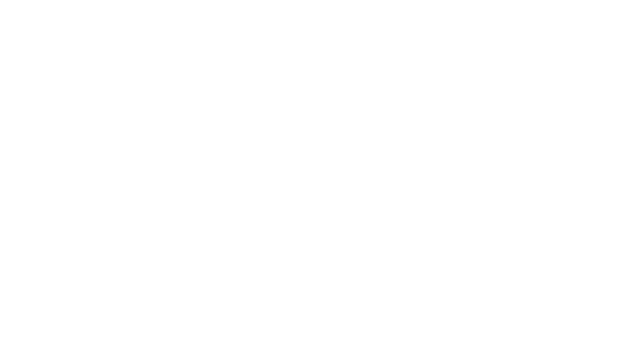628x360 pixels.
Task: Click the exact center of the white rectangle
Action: pyautogui.click(x=314, y=187)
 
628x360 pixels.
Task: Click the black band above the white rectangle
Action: pyautogui.click(x=314, y=20)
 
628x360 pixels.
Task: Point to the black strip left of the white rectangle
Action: pyautogui.click(x=28, y=187)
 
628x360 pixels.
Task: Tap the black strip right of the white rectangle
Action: pyautogui.click(x=600, y=187)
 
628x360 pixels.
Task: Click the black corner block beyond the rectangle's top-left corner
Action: pyautogui.click(x=28, y=20)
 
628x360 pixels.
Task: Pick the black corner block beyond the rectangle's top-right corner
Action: pyautogui.click(x=600, y=20)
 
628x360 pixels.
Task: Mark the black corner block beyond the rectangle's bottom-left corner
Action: pyautogui.click(x=28, y=347)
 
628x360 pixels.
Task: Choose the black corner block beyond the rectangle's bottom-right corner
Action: pyautogui.click(x=600, y=347)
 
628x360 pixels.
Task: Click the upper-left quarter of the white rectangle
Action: pyautogui.click(x=185, y=113)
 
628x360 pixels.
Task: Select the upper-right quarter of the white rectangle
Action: pyautogui.click(x=443, y=113)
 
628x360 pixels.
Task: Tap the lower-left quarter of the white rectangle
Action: pyautogui.click(x=185, y=260)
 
